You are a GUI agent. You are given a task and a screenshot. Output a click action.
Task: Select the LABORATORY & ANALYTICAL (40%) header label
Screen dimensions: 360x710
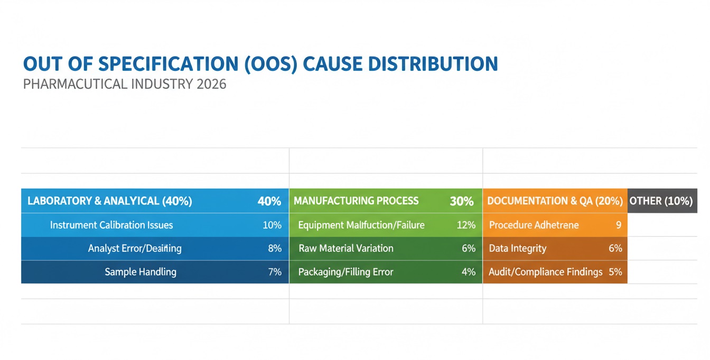pos(109,201)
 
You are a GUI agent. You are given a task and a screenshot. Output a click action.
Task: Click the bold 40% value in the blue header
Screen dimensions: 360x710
pos(269,201)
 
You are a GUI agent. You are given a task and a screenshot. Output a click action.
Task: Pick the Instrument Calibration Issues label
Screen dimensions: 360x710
pos(111,225)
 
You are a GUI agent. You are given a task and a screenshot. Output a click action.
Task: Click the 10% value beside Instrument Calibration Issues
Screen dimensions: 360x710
pos(272,225)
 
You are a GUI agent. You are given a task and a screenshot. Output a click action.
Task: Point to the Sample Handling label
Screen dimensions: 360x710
pos(141,272)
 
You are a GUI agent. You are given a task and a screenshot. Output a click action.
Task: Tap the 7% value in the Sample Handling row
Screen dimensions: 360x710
pos(275,272)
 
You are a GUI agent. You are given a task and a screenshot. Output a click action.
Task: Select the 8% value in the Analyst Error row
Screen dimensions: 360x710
pos(275,248)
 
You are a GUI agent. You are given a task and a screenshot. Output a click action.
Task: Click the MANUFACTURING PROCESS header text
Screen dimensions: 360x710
pos(356,201)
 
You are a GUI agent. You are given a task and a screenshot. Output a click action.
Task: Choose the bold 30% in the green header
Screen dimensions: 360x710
pos(461,201)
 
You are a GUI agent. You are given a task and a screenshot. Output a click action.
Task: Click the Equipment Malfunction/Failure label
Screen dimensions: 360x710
pos(361,225)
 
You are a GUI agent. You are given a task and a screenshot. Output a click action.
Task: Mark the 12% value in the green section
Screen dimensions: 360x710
pos(466,225)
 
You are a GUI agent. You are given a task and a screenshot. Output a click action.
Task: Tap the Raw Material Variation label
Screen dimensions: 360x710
pos(346,248)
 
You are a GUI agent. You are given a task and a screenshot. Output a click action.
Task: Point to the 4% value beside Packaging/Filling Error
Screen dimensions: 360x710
pos(469,272)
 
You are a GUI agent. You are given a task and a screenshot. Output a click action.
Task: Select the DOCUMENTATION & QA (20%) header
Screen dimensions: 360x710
pos(555,201)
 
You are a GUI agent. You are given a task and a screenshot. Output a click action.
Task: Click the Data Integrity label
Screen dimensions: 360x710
pos(518,248)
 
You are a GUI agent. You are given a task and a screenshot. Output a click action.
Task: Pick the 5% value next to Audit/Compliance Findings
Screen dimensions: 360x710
pos(615,272)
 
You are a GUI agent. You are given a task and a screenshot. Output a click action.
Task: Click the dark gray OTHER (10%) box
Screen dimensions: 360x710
pos(661,201)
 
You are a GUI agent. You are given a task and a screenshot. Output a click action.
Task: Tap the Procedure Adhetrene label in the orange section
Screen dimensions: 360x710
pos(534,225)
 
